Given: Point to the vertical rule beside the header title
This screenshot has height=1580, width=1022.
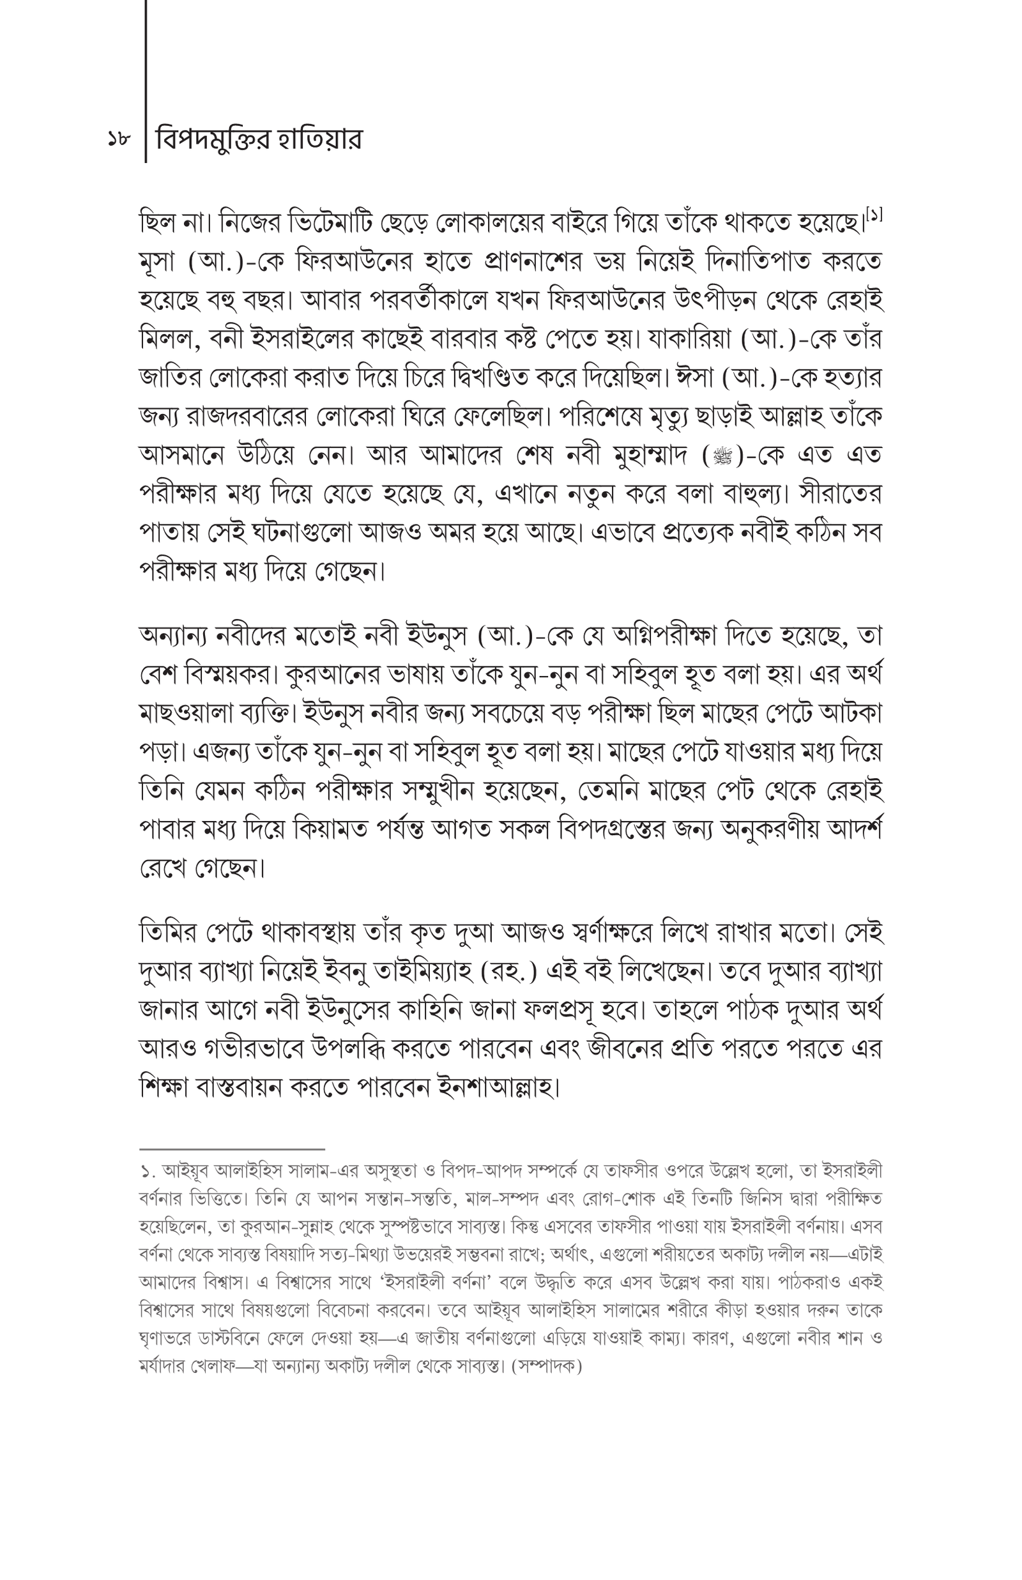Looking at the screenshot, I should coord(146,80).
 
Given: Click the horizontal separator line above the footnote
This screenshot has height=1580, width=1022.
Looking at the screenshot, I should coord(232,1149).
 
